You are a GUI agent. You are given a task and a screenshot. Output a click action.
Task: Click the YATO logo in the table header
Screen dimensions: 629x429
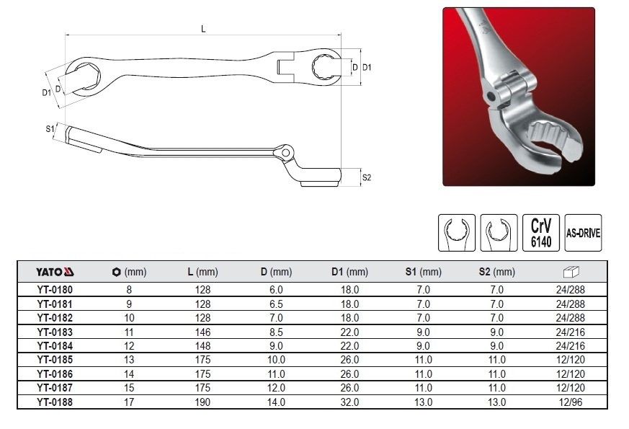pos(55,272)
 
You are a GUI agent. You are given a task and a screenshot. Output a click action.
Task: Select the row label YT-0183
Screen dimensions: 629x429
pos(55,332)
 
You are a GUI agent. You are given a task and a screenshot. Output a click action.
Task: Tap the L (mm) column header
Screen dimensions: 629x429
pos(202,272)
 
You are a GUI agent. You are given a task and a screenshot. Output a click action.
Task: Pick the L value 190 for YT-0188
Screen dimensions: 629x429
pos(202,402)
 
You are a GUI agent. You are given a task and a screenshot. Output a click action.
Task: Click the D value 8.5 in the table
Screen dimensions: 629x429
pos(276,332)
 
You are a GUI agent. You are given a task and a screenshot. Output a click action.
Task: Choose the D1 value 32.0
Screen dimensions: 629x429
pos(349,402)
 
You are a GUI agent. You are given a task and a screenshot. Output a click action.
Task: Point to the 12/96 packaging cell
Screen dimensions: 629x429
pos(570,402)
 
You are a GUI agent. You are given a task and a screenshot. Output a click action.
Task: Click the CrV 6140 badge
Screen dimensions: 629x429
pos(541,233)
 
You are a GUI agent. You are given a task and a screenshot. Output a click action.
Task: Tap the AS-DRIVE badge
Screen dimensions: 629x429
pos(583,233)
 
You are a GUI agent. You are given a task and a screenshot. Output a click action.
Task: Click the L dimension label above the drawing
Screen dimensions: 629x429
pos(203,29)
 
